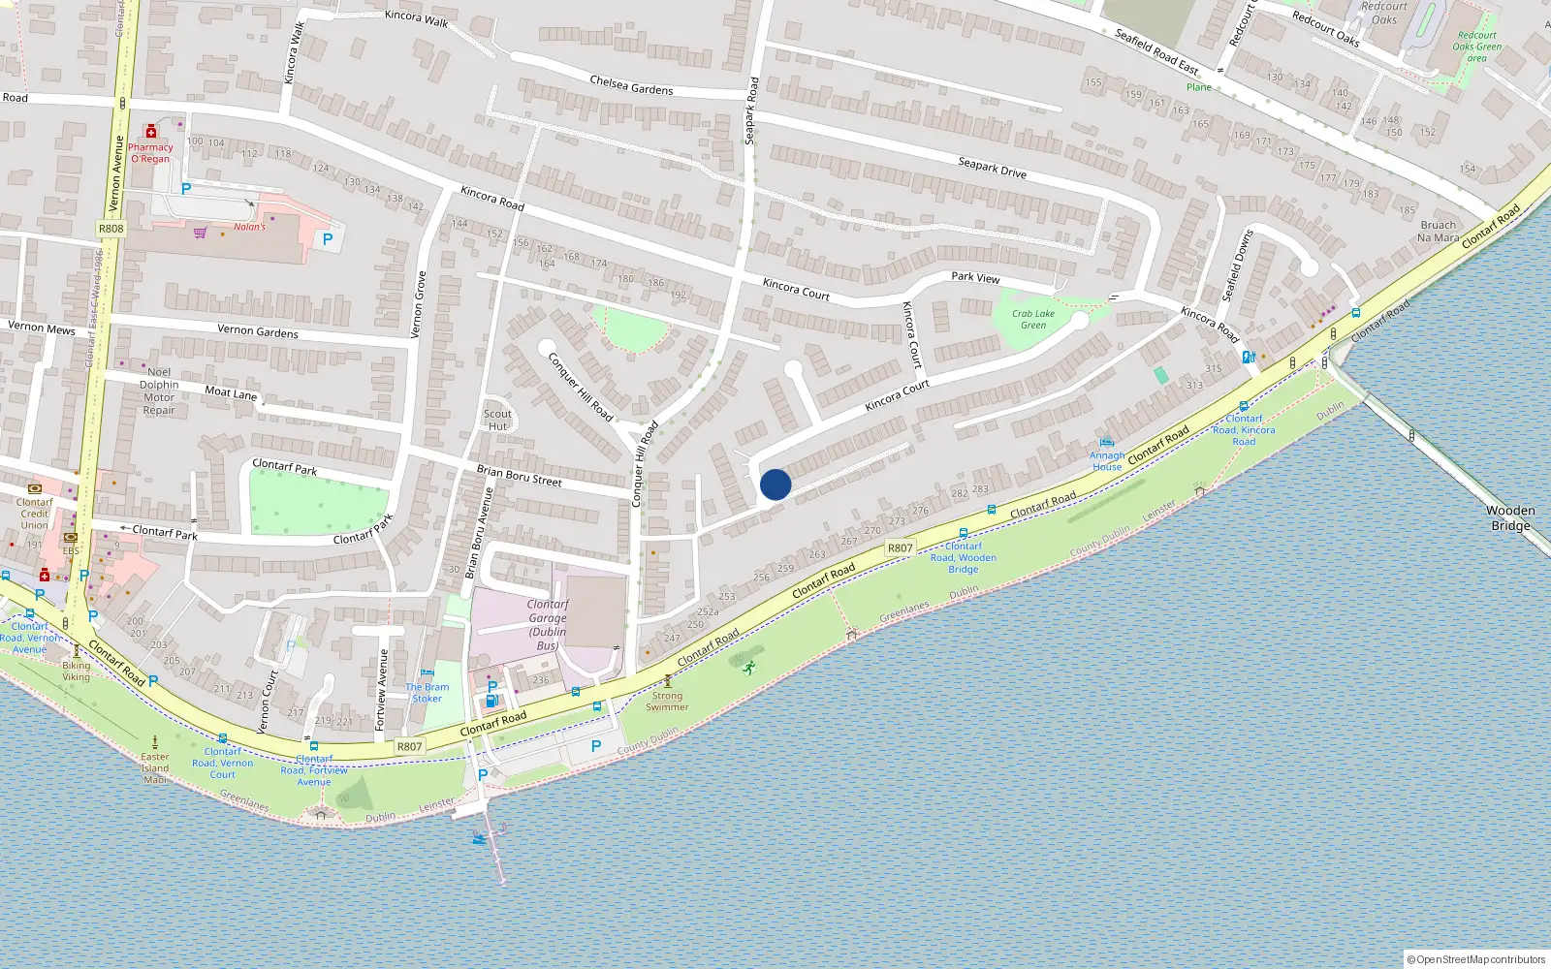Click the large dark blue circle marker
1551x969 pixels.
coord(775,484)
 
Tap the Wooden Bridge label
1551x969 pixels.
coord(1510,518)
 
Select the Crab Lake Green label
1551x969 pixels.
coord(1033,319)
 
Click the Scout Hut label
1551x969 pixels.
coord(497,420)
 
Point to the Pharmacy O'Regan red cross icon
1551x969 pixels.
coord(150,131)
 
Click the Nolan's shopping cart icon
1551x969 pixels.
coord(200,233)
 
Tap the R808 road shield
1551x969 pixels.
coord(111,229)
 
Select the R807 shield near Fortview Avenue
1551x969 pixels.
coord(409,746)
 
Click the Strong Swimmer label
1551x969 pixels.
coord(667,701)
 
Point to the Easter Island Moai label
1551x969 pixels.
coord(155,768)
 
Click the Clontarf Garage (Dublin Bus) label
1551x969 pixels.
coord(548,624)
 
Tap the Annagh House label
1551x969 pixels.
coord(1107,460)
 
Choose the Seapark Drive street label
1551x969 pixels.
coord(992,168)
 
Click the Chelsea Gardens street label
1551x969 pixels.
coord(631,85)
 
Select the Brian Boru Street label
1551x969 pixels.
coord(519,475)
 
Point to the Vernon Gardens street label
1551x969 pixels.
coord(258,330)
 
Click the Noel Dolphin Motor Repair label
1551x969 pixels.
coord(159,391)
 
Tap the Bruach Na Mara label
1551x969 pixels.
coord(1438,231)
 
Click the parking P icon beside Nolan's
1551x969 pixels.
coord(328,238)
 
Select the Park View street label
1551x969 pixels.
coord(975,277)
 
